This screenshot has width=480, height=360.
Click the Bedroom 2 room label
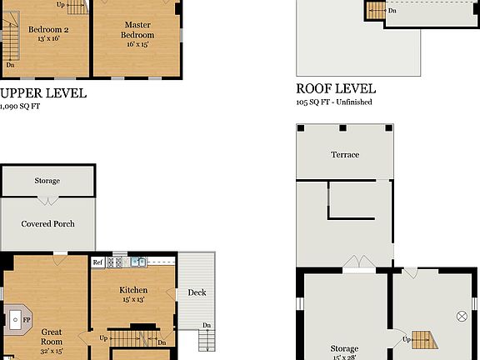[x=47, y=30]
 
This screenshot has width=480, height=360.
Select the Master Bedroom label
[x=138, y=30]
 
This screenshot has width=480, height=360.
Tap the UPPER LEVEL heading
[x=42, y=93]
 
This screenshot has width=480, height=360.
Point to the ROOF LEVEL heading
[x=336, y=88]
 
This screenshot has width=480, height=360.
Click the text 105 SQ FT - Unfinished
[x=333, y=102]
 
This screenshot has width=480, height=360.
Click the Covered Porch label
[x=47, y=223]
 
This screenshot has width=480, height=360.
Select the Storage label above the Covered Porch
[x=47, y=181]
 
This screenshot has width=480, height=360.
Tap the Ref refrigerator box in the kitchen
[x=97, y=262]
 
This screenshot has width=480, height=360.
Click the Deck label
[x=197, y=292]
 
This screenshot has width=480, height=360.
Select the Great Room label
[x=52, y=336]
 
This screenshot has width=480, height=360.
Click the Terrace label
[x=344, y=155]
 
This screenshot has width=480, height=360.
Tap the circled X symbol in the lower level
[x=461, y=316]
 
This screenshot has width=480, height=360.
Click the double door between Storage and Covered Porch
[x=47, y=202]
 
